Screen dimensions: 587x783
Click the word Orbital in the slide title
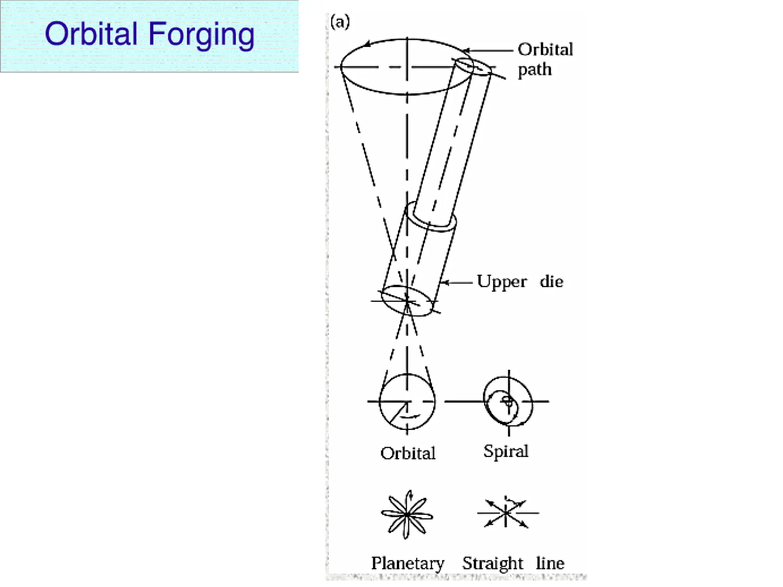(x=91, y=34)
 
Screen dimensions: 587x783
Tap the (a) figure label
(x=340, y=22)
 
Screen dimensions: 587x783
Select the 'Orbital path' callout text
(x=545, y=59)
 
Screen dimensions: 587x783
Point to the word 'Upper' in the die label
(x=501, y=282)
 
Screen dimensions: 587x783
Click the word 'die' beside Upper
(x=551, y=282)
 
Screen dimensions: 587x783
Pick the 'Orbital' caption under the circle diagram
(x=408, y=453)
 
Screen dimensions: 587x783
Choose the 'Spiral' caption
(x=505, y=451)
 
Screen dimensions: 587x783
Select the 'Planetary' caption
(x=408, y=563)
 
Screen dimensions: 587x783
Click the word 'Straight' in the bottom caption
(x=492, y=563)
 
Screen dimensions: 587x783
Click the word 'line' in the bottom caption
(x=550, y=563)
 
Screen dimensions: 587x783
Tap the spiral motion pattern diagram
(x=508, y=402)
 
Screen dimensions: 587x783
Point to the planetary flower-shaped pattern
(x=407, y=515)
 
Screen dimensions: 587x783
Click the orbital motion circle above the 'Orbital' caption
(x=407, y=402)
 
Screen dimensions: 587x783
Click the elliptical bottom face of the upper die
(x=407, y=301)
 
